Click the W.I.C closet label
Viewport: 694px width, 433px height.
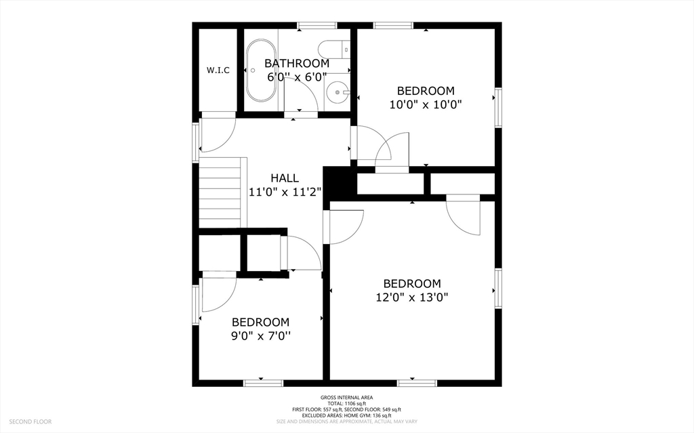pyautogui.click(x=218, y=70)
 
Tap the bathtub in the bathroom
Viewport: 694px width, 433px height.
pyautogui.click(x=261, y=70)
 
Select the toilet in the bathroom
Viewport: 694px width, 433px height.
pyautogui.click(x=335, y=49)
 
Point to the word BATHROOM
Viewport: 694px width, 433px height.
pyautogui.click(x=297, y=63)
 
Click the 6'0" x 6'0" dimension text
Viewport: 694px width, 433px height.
pyautogui.click(x=297, y=77)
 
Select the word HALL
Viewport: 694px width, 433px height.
pyautogui.click(x=285, y=178)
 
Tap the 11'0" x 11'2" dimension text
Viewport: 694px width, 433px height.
pyautogui.click(x=285, y=192)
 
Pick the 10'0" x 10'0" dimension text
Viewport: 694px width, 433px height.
pyautogui.click(x=426, y=105)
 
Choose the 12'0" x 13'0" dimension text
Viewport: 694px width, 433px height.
pyautogui.click(x=412, y=297)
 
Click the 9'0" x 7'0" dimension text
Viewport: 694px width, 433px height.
pyautogui.click(x=261, y=336)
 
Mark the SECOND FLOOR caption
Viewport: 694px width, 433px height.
pyautogui.click(x=30, y=421)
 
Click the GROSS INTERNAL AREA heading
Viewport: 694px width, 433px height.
pyautogui.click(x=346, y=398)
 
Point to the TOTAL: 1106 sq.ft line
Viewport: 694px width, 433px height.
pyautogui.click(x=346, y=404)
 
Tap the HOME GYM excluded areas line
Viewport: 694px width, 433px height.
pyautogui.click(x=346, y=416)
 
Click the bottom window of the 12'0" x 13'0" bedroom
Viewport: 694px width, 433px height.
pyautogui.click(x=417, y=383)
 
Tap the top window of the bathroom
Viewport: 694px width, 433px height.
pyautogui.click(x=317, y=25)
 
